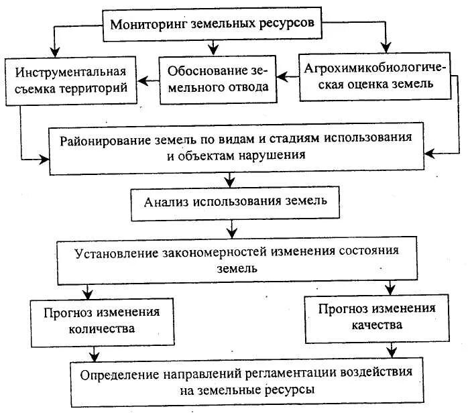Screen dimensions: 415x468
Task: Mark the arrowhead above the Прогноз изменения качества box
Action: (390, 289)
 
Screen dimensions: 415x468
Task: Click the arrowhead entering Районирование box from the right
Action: (429, 154)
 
